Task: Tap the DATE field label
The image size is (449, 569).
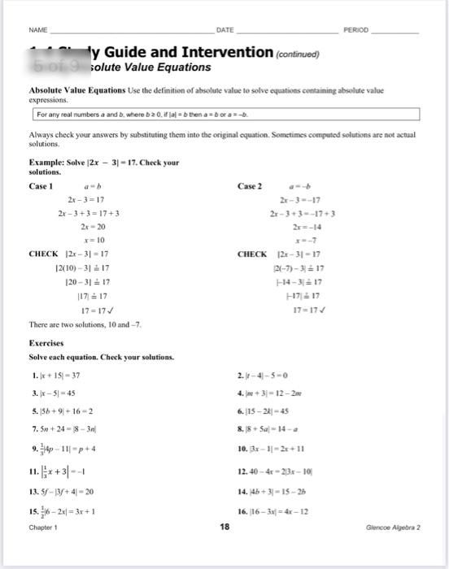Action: coord(225,30)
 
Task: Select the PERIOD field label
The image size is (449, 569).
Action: coord(356,30)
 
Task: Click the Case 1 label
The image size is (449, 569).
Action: coord(41,186)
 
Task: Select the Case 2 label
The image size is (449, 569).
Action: coord(250,186)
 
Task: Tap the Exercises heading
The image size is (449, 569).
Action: coord(46,343)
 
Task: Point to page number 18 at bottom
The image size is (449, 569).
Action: coord(225,527)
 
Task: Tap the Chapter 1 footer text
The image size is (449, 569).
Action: coord(43,527)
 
